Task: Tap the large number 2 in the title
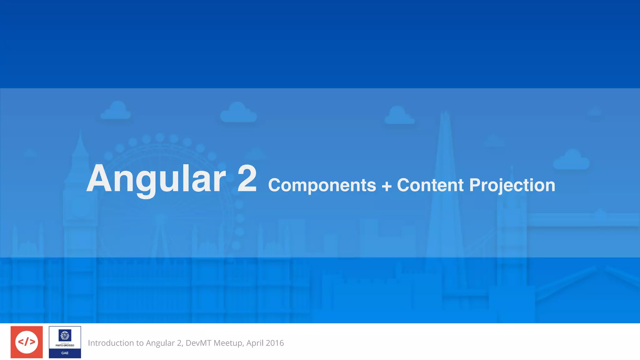[247, 179]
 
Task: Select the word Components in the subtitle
[322, 185]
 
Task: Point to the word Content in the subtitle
[430, 185]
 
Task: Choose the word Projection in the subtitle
[512, 186]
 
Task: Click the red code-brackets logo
[27, 342]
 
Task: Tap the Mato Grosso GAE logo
[65, 342]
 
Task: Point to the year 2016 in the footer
[275, 343]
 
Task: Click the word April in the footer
[255, 343]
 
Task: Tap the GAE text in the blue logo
[65, 353]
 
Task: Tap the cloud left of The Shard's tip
[399, 116]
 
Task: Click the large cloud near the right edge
[572, 160]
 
